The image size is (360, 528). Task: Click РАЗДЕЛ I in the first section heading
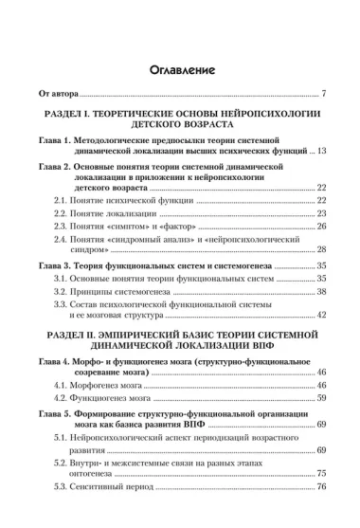tap(86, 114)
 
